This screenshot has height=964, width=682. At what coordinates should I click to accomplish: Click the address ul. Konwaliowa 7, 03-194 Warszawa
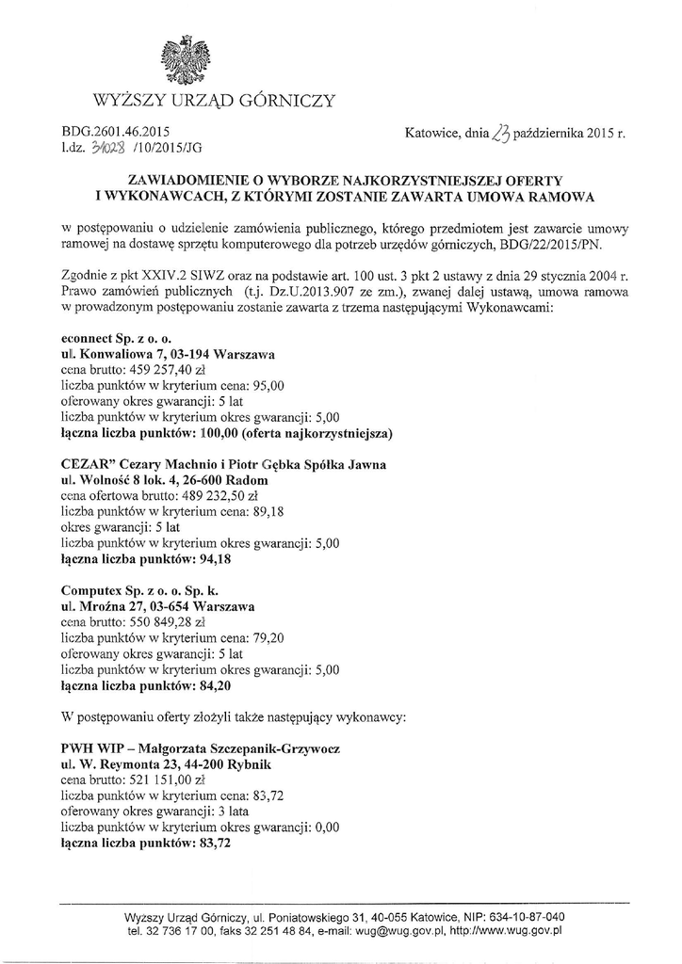tap(167, 353)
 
